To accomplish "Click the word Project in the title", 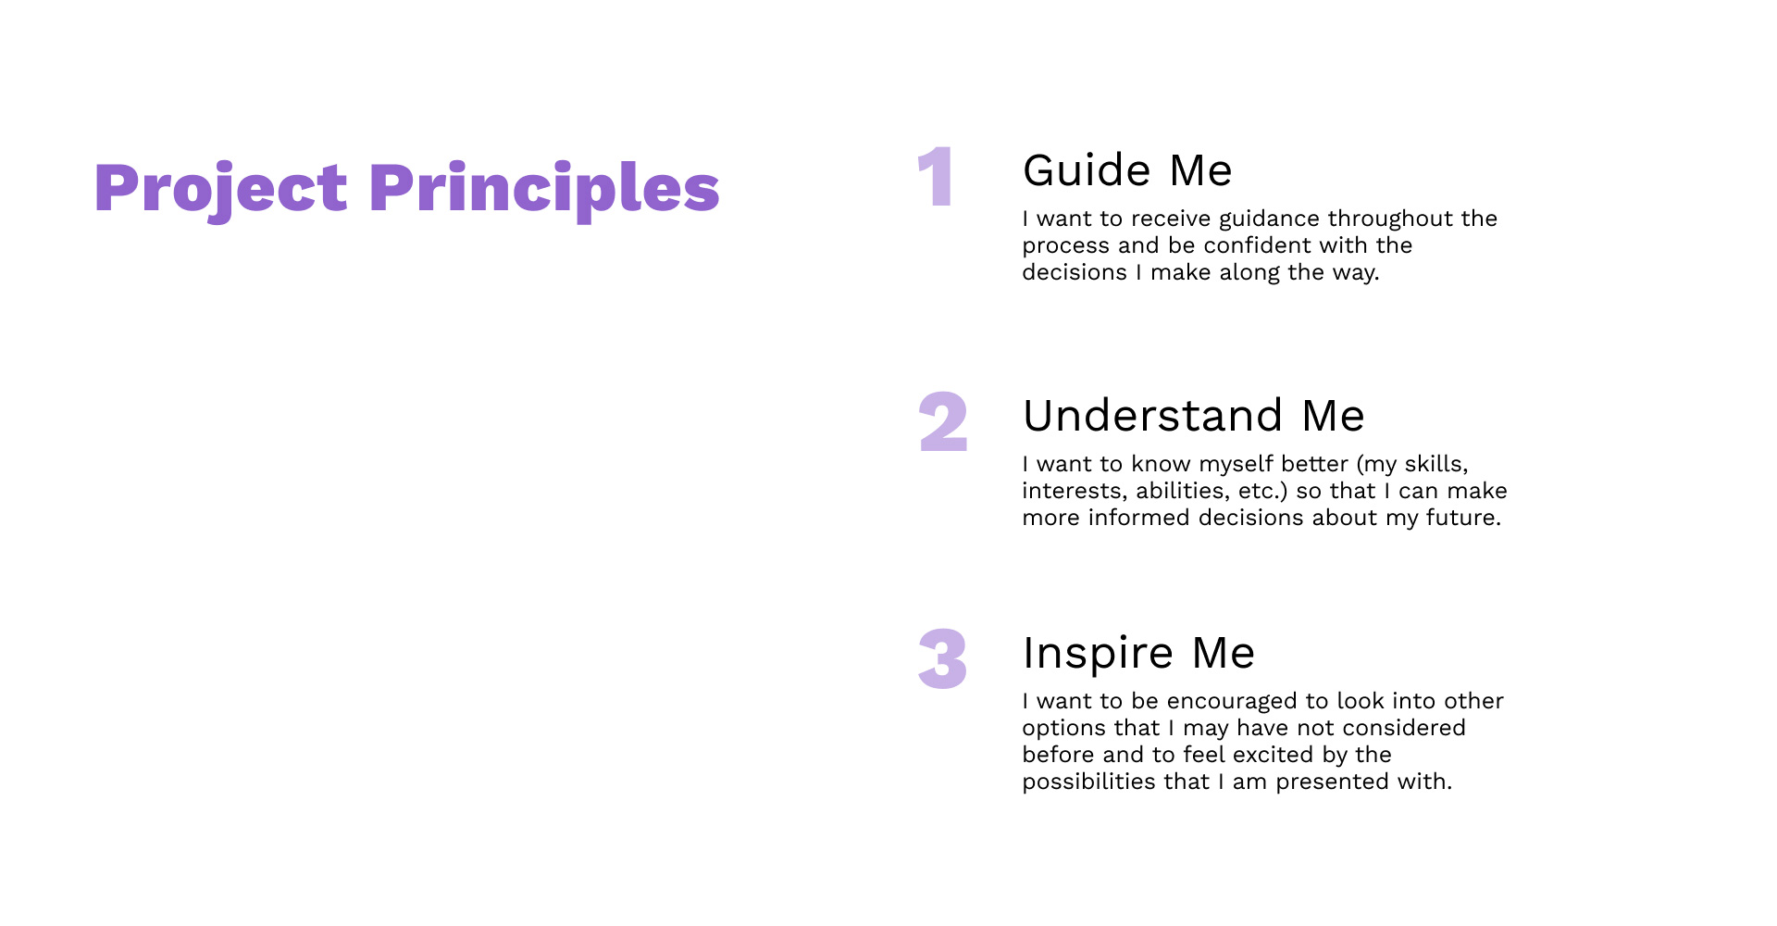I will click(220, 189).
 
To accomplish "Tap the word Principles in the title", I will click(544, 189).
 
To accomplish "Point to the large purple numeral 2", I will click(943, 422).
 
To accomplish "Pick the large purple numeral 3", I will click(942, 659).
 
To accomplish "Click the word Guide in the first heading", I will click(1087, 171).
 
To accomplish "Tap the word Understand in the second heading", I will click(1152, 416).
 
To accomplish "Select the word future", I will click(1462, 518).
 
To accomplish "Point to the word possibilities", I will click(1088, 782).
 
